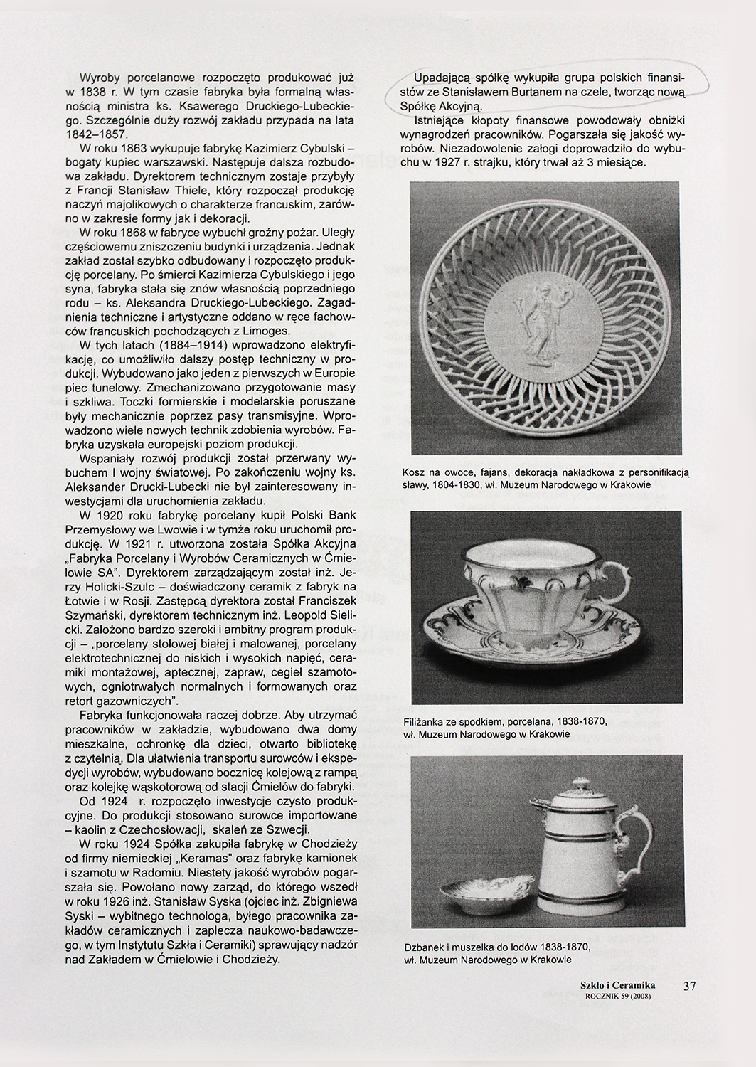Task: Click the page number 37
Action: coord(689,986)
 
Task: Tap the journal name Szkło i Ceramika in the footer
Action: coord(617,984)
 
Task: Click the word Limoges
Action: coord(265,331)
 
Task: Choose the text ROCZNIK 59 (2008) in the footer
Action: coord(617,996)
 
